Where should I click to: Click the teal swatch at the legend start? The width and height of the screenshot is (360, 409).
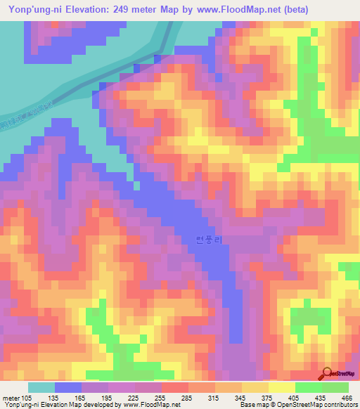point(41,387)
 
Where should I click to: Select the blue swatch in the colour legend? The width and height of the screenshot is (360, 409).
point(68,387)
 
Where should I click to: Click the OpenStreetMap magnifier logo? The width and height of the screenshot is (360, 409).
point(327,373)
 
